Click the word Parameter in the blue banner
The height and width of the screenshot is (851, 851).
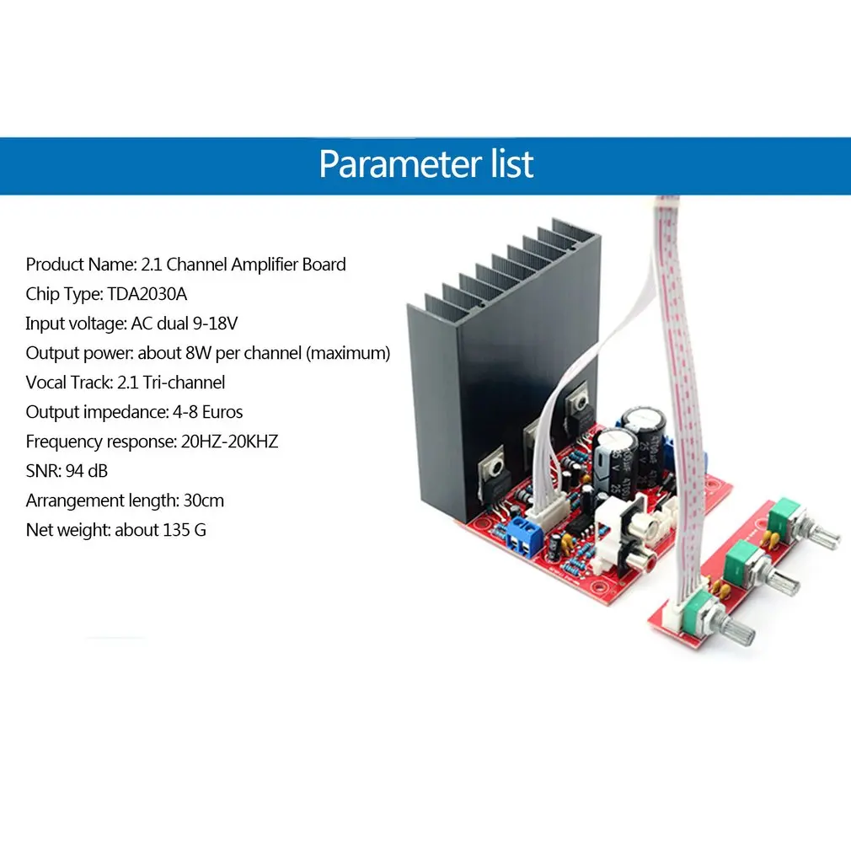(400, 164)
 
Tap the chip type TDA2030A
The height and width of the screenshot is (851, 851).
(147, 294)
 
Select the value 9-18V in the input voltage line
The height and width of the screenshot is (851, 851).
(215, 324)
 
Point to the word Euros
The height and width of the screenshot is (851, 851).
(222, 412)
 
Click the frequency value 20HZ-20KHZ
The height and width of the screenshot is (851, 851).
(229, 442)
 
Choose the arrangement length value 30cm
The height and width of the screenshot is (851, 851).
(204, 500)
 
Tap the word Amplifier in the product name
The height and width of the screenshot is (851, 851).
(265, 265)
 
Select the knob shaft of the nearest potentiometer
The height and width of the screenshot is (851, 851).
(739, 630)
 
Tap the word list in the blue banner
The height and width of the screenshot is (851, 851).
(512, 164)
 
